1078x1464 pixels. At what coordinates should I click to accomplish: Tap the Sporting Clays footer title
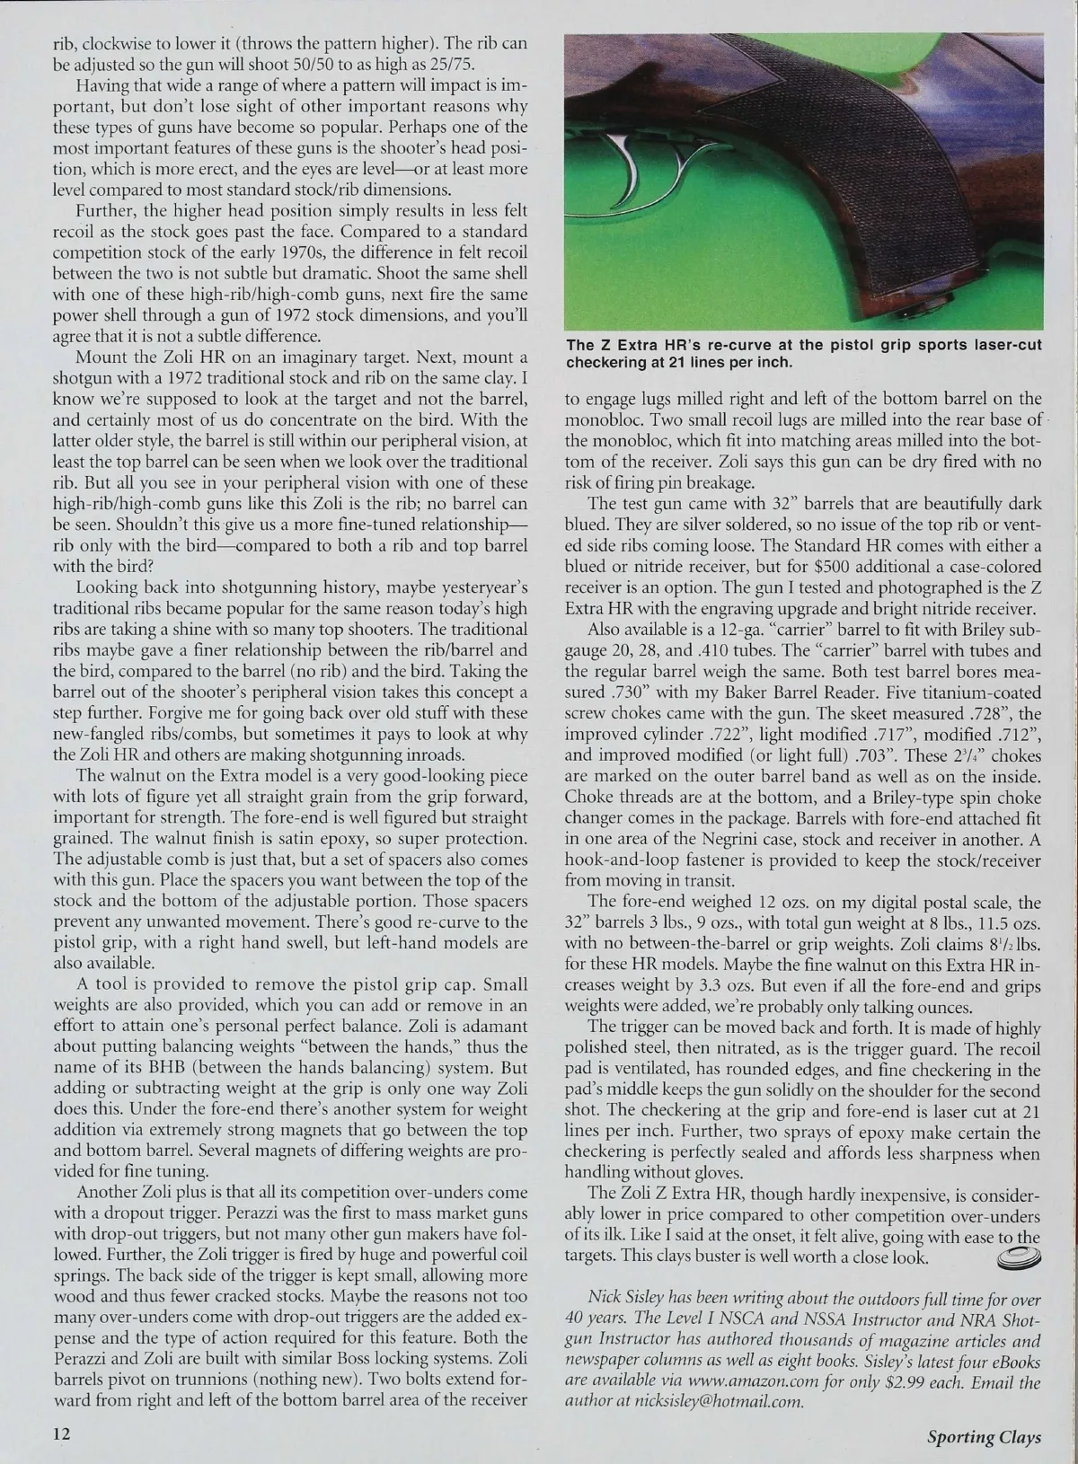(x=984, y=1436)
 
